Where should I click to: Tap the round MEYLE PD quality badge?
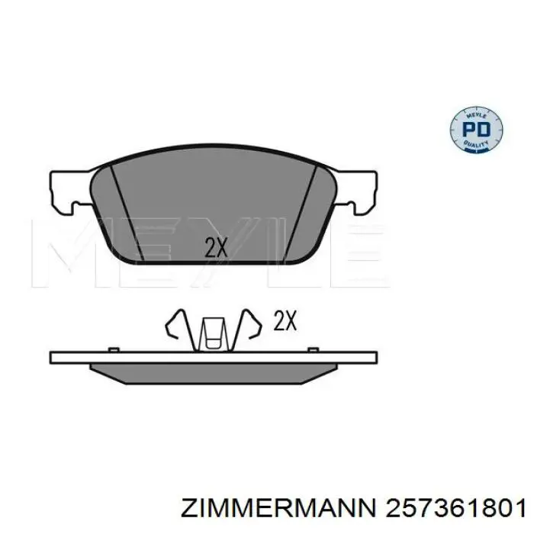tap(477, 129)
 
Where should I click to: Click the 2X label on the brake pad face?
tap(216, 247)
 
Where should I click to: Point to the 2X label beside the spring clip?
tap(285, 320)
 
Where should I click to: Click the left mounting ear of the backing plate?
tap(70, 191)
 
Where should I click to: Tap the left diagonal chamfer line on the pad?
tap(127, 214)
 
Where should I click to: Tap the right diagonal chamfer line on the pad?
tap(301, 214)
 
